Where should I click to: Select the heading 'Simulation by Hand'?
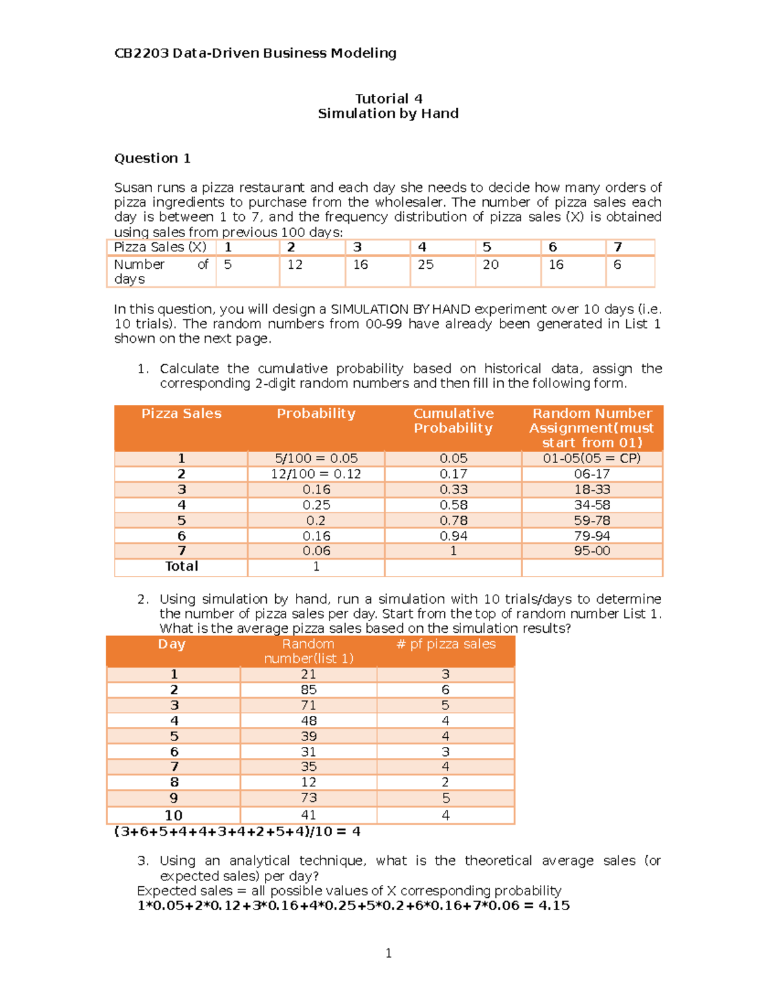(x=388, y=113)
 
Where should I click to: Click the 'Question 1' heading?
(x=152, y=158)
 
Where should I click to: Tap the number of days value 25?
(x=425, y=264)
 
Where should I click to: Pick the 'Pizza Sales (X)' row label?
(x=160, y=247)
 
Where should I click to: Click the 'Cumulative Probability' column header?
(x=453, y=420)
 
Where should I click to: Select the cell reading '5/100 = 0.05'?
(x=316, y=458)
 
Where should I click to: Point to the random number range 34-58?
(x=592, y=505)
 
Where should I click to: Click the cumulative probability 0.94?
(x=453, y=536)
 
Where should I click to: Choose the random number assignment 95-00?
(x=592, y=551)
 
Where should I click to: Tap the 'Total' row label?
(x=181, y=566)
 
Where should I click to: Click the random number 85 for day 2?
(x=308, y=690)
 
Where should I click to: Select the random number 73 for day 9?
(x=308, y=797)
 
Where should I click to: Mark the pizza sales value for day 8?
(x=445, y=782)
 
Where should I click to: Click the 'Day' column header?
(x=172, y=644)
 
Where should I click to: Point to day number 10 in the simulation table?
(x=174, y=815)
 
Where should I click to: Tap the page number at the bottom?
(x=388, y=953)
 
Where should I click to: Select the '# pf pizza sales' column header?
(x=445, y=644)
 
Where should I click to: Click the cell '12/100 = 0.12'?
(x=316, y=474)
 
